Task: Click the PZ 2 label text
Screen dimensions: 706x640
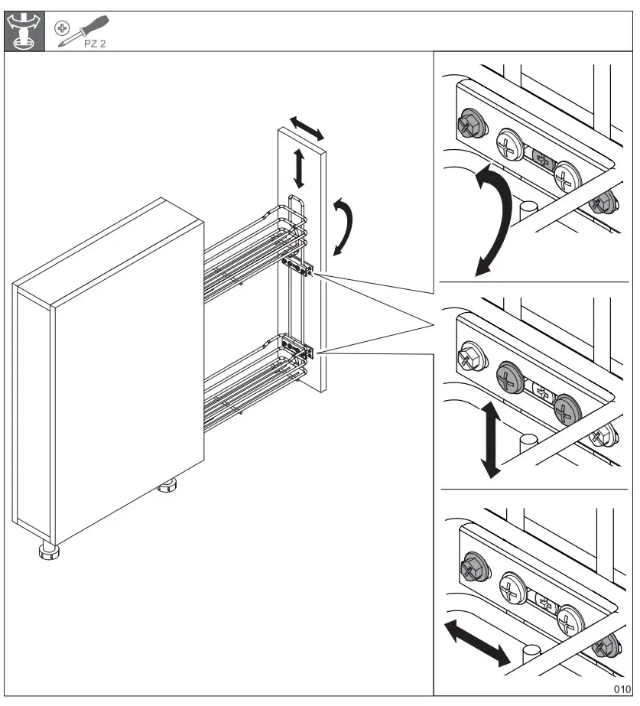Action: tap(95, 44)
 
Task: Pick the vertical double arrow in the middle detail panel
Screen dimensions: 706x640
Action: tap(490, 440)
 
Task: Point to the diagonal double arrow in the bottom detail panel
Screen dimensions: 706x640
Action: tap(476, 642)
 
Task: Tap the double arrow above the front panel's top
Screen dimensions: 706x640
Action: tap(306, 128)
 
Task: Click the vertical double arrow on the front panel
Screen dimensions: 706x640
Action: tap(299, 168)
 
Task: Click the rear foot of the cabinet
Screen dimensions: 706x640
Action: tap(167, 485)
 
